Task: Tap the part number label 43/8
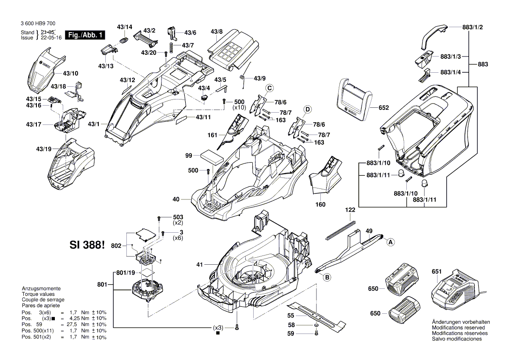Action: (216, 32)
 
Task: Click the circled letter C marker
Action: (270, 88)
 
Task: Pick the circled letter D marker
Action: (308, 109)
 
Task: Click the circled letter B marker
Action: (326, 277)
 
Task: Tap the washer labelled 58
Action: (316, 326)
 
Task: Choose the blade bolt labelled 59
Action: (316, 334)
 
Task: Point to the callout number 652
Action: (384, 107)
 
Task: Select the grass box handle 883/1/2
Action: (434, 37)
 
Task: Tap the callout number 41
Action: (200, 264)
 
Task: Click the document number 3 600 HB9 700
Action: (38, 24)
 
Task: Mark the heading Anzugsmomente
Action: (41, 289)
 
